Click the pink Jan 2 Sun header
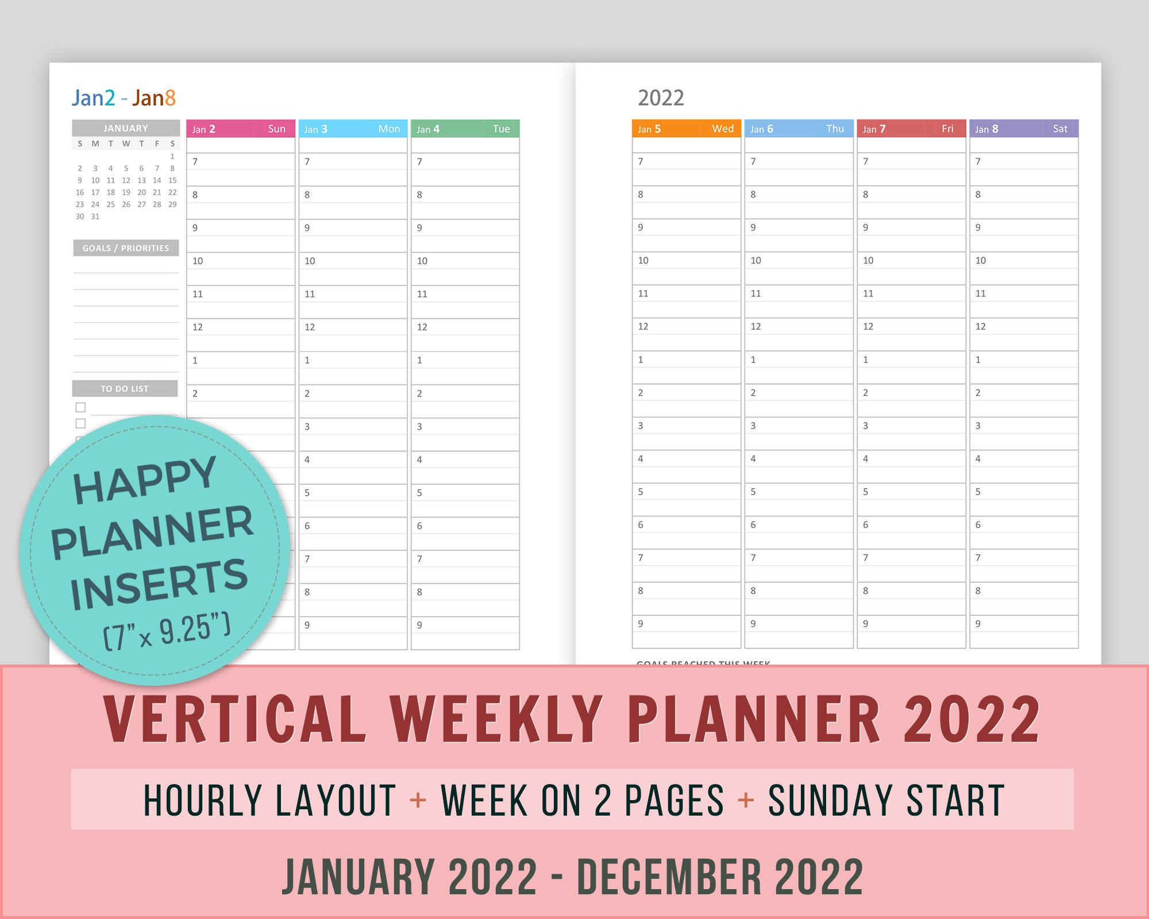point(240,129)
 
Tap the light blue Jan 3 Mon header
point(352,129)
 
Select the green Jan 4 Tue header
point(464,129)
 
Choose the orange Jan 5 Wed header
point(686,129)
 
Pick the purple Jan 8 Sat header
point(1023,129)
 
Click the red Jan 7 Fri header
point(911,129)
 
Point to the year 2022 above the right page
point(661,98)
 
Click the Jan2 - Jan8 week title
point(124,98)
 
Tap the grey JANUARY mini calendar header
point(126,128)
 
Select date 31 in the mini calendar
point(95,217)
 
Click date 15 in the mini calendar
point(172,180)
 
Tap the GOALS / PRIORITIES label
point(126,248)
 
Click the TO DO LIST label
point(125,389)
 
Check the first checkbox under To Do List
point(81,407)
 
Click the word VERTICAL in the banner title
point(236,719)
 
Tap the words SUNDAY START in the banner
point(886,800)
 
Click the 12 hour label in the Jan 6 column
point(755,326)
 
